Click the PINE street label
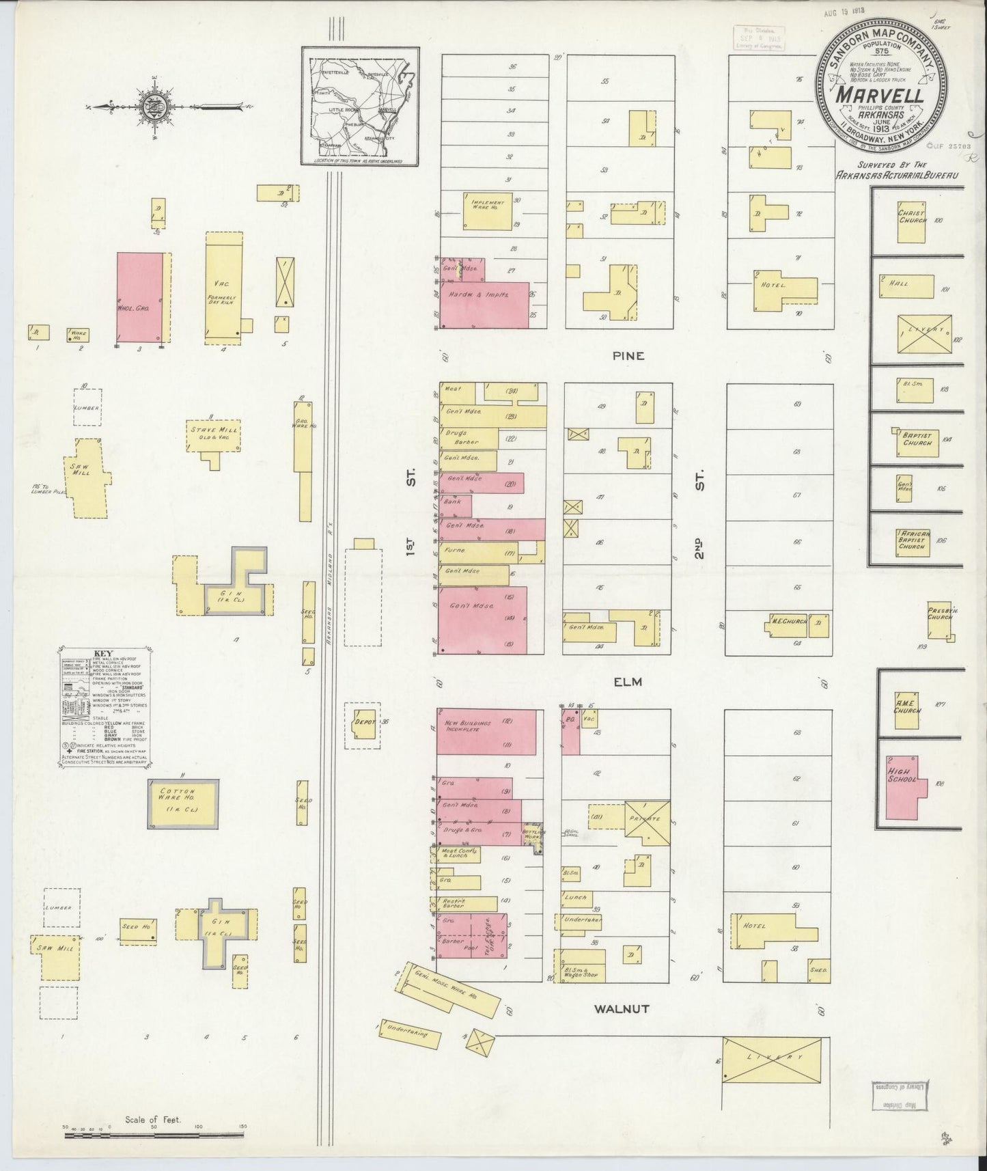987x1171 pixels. (x=628, y=355)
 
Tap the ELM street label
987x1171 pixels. (x=628, y=681)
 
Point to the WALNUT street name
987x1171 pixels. (x=621, y=1008)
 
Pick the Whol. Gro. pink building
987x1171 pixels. (x=141, y=298)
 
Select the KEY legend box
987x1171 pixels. (x=109, y=706)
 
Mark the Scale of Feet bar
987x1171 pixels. (x=155, y=1135)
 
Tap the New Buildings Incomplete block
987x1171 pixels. (x=486, y=731)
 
